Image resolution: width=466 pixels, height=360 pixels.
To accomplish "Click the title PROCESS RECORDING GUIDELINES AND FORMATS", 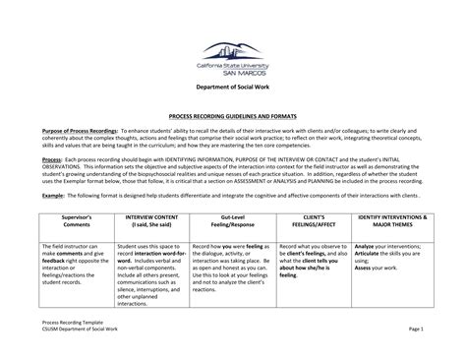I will point(233,115).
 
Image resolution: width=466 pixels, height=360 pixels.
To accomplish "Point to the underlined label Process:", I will point(53,157).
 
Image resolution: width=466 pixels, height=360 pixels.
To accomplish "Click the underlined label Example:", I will point(55,195).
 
